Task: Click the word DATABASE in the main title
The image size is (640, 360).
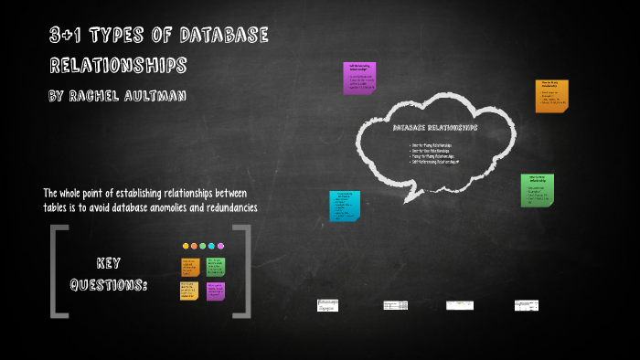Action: point(223,37)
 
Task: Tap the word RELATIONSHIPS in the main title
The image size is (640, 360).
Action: point(118,66)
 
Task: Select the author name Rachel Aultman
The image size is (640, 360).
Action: point(117,94)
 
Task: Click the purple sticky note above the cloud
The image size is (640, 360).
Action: point(359,78)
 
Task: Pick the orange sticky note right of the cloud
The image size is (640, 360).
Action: point(552,96)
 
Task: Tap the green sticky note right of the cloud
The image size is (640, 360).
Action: point(537,190)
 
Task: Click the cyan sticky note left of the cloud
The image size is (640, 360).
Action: point(345,206)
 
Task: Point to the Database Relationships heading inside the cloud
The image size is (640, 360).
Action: point(434,128)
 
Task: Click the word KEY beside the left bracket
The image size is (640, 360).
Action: point(109,262)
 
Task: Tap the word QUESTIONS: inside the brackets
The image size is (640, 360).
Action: point(109,285)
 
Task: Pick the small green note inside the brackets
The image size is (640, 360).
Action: point(215,267)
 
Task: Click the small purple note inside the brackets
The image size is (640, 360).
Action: point(216,291)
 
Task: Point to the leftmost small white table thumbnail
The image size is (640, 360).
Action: point(327,305)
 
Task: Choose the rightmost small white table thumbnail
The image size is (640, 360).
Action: point(526,305)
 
